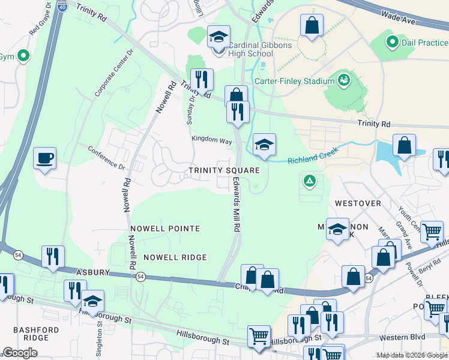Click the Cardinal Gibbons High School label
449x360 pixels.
pos(243,49)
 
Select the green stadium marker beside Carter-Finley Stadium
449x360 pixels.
pos(344,79)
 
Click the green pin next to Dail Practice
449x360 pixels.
pos(393,43)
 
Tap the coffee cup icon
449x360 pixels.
pos(45,158)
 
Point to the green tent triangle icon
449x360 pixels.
pos(310,179)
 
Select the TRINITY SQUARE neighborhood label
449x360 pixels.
pos(224,170)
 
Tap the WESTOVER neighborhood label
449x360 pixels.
pos(358,203)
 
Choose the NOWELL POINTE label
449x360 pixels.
pos(164,229)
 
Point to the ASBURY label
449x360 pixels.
pos(92,272)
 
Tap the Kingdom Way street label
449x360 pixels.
pos(211,140)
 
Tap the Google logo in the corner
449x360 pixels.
pos(20,353)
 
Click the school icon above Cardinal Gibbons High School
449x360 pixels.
pos(219,37)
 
